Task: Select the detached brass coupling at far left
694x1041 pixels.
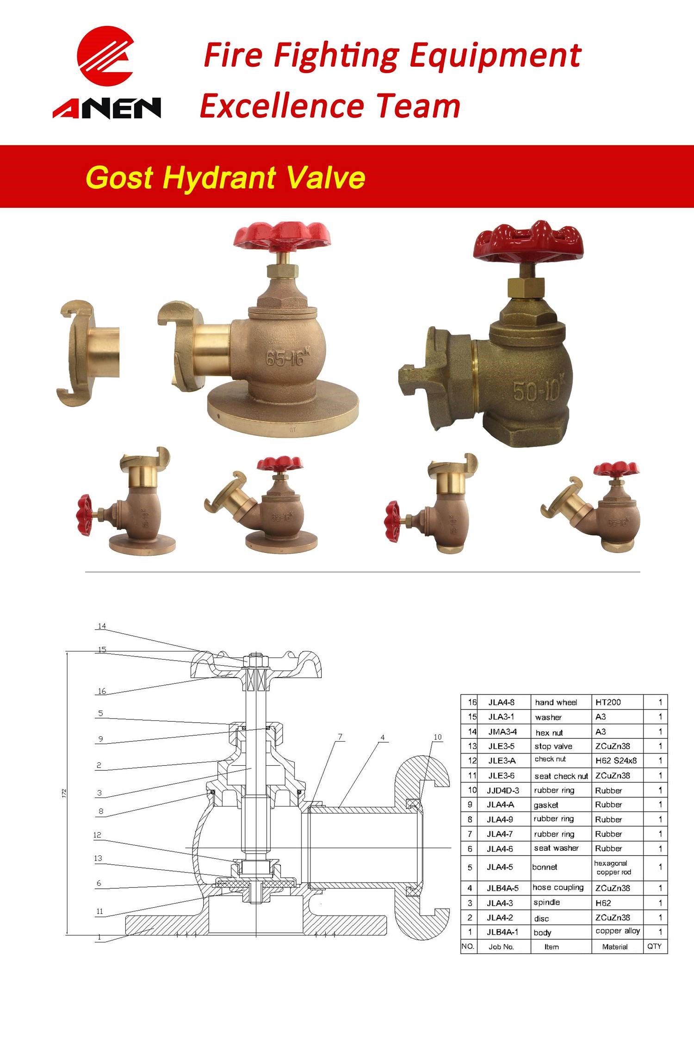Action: [x=88, y=353]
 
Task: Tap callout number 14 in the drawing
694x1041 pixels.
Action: [x=101, y=626]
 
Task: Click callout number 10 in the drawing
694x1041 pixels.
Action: [x=438, y=737]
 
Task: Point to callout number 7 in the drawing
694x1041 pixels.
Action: [x=340, y=737]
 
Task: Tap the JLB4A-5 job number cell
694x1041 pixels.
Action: [x=503, y=887]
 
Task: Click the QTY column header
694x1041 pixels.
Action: [x=655, y=946]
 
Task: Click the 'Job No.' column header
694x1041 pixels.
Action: [x=502, y=947]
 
